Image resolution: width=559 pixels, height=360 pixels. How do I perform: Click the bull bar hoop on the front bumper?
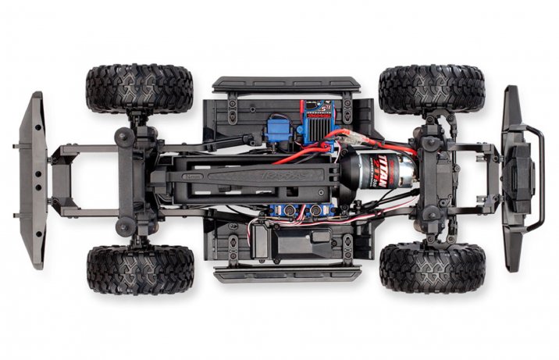pyautogui.click(x=534, y=179)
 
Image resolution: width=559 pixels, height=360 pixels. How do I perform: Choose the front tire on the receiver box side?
pyautogui.click(x=431, y=267)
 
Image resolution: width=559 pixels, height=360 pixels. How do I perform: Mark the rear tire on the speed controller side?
pyautogui.click(x=140, y=88)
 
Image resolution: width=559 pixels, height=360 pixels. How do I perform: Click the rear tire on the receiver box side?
pyautogui.click(x=140, y=269)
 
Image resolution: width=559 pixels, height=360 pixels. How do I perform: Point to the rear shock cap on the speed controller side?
pyautogui.click(x=124, y=137)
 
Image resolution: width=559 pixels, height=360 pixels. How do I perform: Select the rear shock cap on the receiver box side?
pyautogui.click(x=124, y=226)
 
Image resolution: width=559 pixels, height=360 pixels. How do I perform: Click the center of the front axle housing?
pyautogui.click(x=434, y=179)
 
